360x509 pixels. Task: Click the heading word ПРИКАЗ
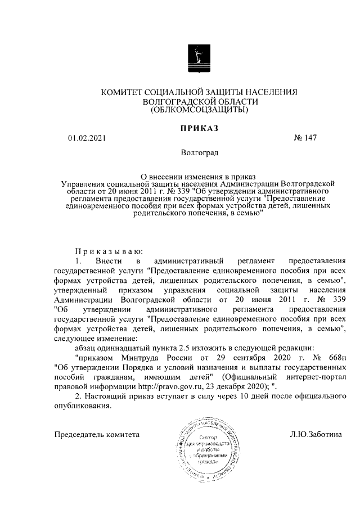point(199,128)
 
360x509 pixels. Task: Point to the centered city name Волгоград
point(199,152)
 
